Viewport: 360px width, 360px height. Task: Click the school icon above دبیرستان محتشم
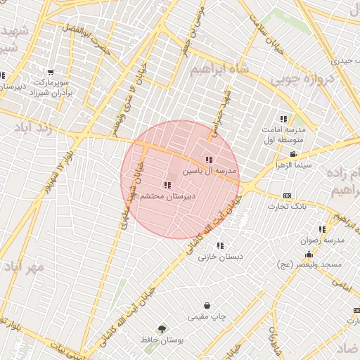(167, 185)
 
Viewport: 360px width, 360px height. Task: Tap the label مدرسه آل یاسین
(211, 171)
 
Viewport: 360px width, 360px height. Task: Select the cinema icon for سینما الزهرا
(293, 155)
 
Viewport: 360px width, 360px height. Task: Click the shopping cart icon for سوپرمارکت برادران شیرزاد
(51, 72)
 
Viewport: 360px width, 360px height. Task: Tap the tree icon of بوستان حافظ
(162, 328)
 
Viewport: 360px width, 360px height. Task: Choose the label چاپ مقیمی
(207, 316)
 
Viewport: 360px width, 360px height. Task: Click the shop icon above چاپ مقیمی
(207, 305)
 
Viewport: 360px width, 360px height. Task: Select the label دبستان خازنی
(220, 257)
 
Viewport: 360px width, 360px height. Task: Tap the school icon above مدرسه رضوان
(322, 229)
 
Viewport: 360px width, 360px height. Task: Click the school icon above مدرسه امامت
(283, 120)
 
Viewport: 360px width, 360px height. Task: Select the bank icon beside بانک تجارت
(287, 195)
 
